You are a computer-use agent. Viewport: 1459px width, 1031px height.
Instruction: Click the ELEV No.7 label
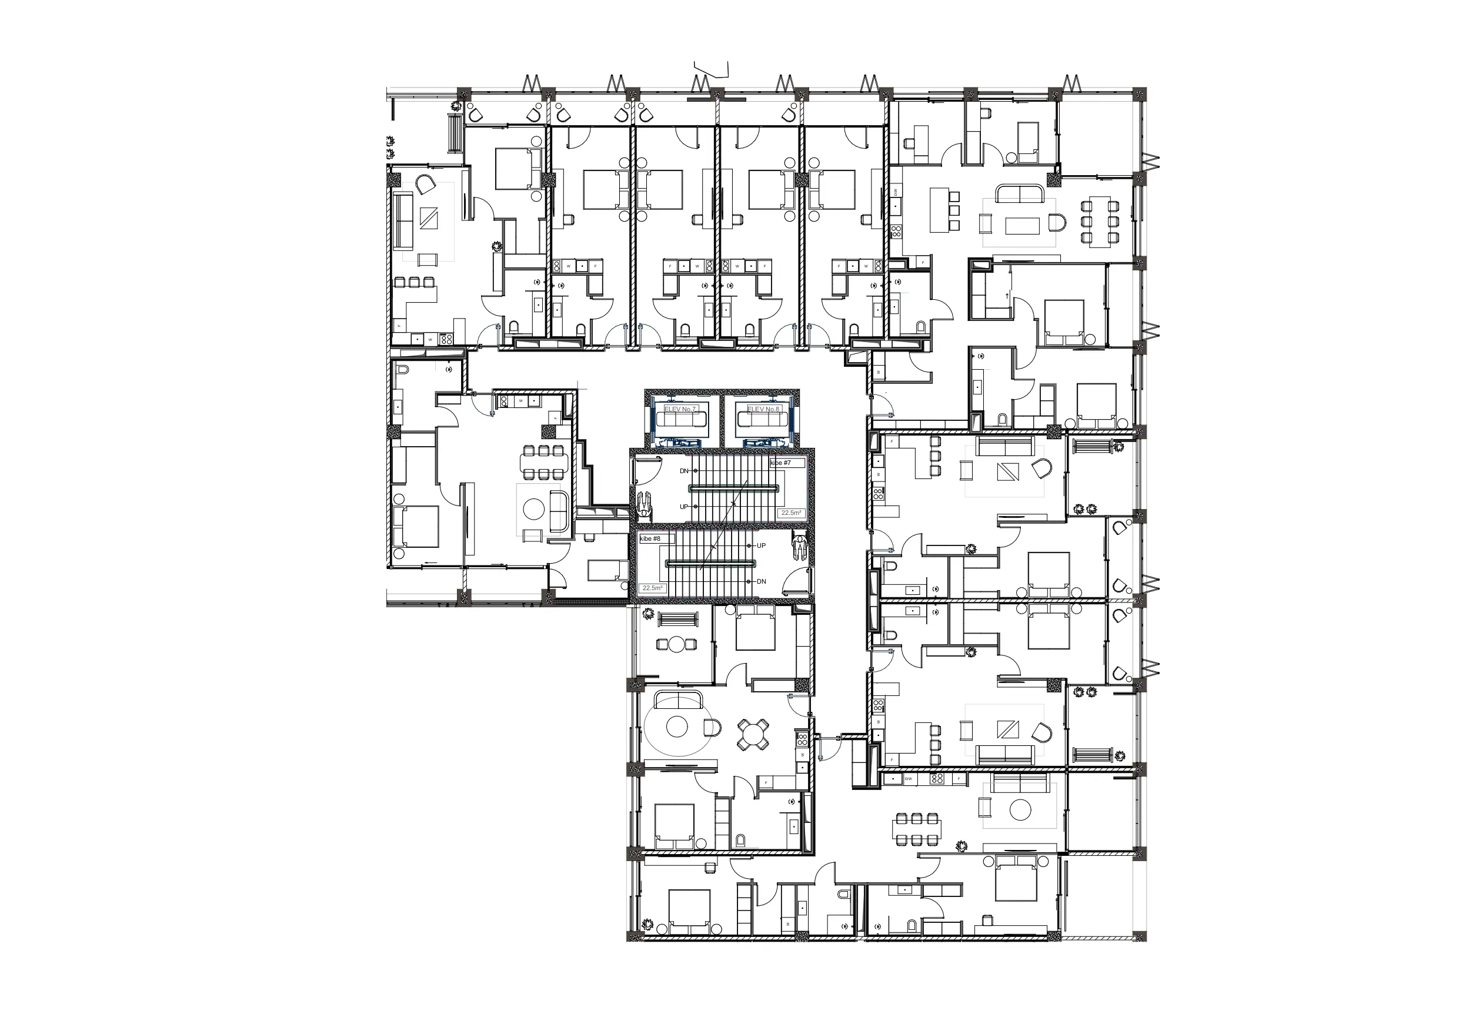680,409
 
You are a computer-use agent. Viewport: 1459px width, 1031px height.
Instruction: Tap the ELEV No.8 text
763,409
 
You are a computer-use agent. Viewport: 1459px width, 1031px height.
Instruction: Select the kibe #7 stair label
781,463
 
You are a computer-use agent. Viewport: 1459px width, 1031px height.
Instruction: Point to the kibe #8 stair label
650,538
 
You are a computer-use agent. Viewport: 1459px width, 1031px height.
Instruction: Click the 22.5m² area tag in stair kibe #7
791,513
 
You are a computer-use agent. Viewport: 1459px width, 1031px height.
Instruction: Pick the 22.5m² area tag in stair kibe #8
652,588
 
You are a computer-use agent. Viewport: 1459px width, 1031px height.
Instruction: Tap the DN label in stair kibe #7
684,471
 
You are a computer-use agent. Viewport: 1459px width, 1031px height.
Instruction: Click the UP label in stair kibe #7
684,507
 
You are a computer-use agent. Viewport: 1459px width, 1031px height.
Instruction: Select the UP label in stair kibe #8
762,545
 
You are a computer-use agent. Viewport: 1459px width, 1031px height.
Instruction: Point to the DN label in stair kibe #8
762,581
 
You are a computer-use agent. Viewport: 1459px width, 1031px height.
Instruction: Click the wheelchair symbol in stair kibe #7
644,506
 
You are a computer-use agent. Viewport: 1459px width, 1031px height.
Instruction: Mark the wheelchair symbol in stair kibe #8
799,547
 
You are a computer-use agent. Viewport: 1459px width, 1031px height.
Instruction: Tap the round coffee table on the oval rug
677,727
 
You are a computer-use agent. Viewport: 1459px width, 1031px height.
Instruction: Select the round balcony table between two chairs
677,645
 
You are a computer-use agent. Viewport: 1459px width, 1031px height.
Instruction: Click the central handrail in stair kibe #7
734,488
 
